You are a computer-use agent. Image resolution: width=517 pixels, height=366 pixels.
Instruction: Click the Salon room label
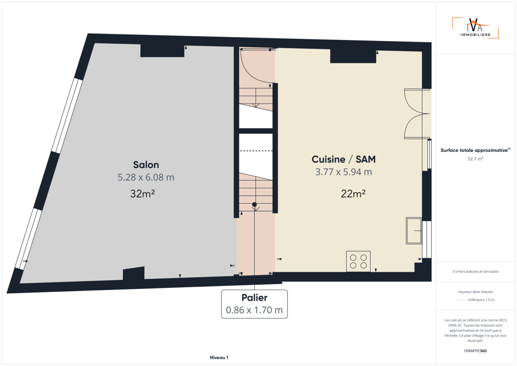(x=146, y=165)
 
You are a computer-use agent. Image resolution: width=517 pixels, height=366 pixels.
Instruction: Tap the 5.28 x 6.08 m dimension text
(x=146, y=177)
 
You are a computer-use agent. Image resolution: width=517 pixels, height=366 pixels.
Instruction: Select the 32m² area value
(x=143, y=194)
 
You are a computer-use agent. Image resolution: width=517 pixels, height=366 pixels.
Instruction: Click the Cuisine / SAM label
(x=343, y=159)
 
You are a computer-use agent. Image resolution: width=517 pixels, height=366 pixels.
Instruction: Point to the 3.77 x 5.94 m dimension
(x=343, y=172)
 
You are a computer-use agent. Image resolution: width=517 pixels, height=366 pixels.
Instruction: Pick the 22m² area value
(x=353, y=194)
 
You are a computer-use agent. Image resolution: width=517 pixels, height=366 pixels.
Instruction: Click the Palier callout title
(x=254, y=298)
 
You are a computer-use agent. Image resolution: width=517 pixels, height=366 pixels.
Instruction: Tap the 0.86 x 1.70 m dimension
(x=254, y=310)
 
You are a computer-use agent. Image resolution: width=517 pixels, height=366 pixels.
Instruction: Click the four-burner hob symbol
(x=358, y=261)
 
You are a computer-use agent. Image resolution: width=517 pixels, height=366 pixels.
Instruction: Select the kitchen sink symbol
(x=414, y=231)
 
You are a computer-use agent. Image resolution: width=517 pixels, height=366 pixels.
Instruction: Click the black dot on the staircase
(x=254, y=204)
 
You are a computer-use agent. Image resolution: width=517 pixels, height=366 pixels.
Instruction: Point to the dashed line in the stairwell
(x=256, y=151)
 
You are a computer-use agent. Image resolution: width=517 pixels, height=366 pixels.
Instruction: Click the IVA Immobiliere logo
(x=475, y=28)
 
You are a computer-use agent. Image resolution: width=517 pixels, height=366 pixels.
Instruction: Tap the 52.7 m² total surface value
(x=475, y=159)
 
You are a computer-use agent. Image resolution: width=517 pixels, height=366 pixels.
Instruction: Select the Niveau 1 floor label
(x=219, y=358)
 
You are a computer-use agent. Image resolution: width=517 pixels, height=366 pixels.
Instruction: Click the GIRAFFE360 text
(x=475, y=351)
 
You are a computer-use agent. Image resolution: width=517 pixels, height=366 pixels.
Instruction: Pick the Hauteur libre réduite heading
(x=475, y=292)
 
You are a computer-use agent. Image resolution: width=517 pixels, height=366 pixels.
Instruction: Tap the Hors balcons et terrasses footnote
(x=475, y=271)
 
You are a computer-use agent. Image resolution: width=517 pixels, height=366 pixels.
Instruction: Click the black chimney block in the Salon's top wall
(x=162, y=50)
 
